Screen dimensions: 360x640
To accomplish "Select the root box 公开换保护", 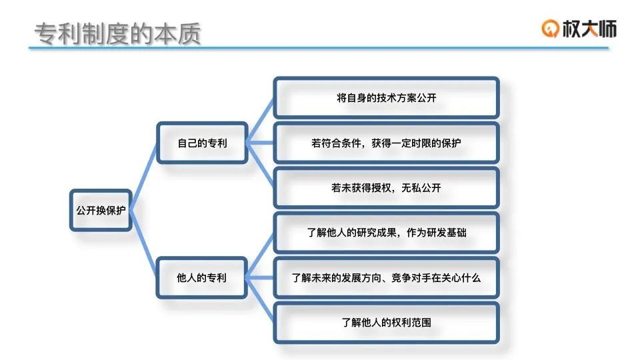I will click(101, 210).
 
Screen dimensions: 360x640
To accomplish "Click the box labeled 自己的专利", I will click(202, 143).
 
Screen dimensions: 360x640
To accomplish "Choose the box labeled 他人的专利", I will click(202, 277).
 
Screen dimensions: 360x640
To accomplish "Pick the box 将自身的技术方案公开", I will click(386, 98).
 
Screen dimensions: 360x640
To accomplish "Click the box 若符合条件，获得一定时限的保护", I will click(386, 143).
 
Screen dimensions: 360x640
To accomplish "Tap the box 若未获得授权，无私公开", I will click(386, 187).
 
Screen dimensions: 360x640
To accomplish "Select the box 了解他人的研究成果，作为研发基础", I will click(386, 233).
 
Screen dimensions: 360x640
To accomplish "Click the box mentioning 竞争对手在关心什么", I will click(386, 277).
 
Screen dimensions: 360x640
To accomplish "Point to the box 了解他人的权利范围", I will click(386, 323).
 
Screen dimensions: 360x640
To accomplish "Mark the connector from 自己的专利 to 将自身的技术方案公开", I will click(261, 121).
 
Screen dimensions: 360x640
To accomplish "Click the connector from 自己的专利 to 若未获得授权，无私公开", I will click(261, 165).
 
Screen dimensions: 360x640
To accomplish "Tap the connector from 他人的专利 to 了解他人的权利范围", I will click(261, 300).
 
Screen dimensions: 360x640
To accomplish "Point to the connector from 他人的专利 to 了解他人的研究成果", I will click(261, 255).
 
